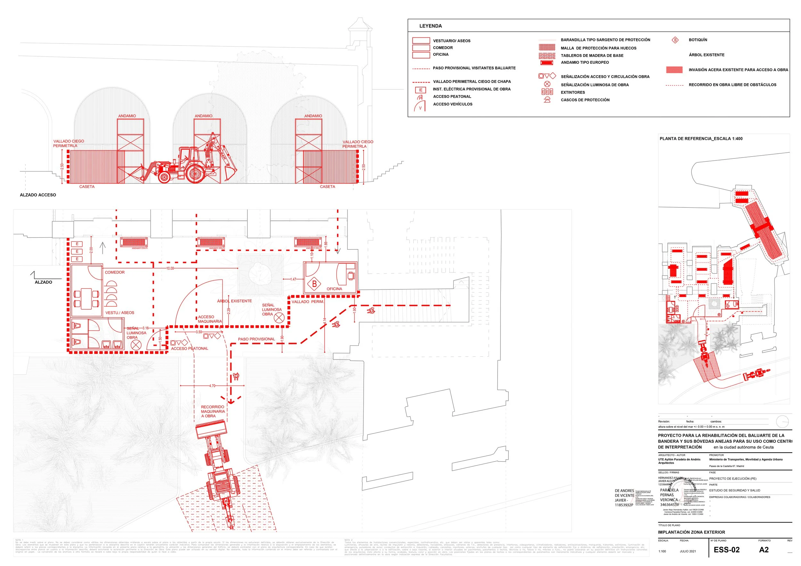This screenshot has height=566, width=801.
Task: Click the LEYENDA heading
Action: [430, 26]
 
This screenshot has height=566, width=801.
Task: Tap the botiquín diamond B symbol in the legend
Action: [675, 40]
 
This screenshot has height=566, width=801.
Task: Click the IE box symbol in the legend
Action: [420, 90]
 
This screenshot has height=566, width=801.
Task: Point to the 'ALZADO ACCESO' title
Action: [38, 195]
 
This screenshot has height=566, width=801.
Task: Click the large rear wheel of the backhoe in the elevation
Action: [195, 173]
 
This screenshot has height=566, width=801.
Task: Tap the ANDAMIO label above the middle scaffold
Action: [203, 116]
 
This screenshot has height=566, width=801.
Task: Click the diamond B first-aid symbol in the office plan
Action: [314, 284]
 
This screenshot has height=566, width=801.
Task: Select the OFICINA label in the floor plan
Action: [334, 289]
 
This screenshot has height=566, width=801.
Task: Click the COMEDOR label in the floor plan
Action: [114, 272]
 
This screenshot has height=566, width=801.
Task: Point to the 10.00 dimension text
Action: [170, 268]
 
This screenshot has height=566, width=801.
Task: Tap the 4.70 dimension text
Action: [212, 386]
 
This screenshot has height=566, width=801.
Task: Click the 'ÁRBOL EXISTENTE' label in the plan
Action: [234, 301]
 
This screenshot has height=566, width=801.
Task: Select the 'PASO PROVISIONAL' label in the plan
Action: [256, 339]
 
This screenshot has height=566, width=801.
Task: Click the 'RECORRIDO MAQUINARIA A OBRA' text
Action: [213, 412]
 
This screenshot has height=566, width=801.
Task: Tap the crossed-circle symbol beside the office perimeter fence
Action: [279, 318]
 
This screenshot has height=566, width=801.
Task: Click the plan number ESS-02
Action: [726, 550]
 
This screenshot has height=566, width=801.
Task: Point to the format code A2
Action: [764, 550]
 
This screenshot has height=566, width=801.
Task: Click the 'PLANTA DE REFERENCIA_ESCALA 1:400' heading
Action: [701, 139]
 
